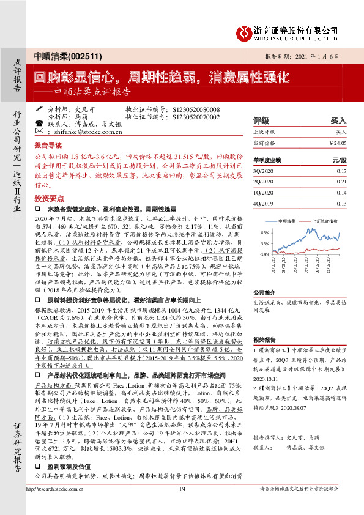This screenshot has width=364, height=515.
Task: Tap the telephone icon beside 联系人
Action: [40, 124]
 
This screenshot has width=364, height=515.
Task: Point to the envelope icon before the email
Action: [40, 131]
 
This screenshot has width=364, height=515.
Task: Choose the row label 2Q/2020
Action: [265, 182]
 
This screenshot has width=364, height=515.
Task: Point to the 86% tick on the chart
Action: [265, 233]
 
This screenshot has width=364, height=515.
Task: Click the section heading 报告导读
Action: [48, 146]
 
